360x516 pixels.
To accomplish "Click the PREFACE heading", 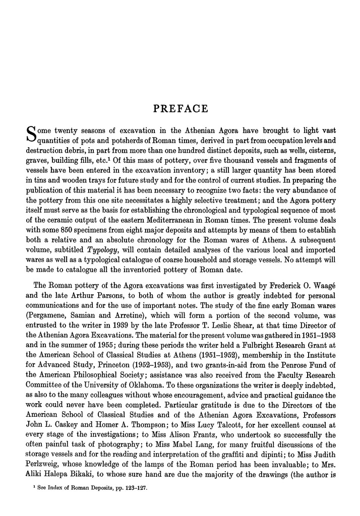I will [179, 109].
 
